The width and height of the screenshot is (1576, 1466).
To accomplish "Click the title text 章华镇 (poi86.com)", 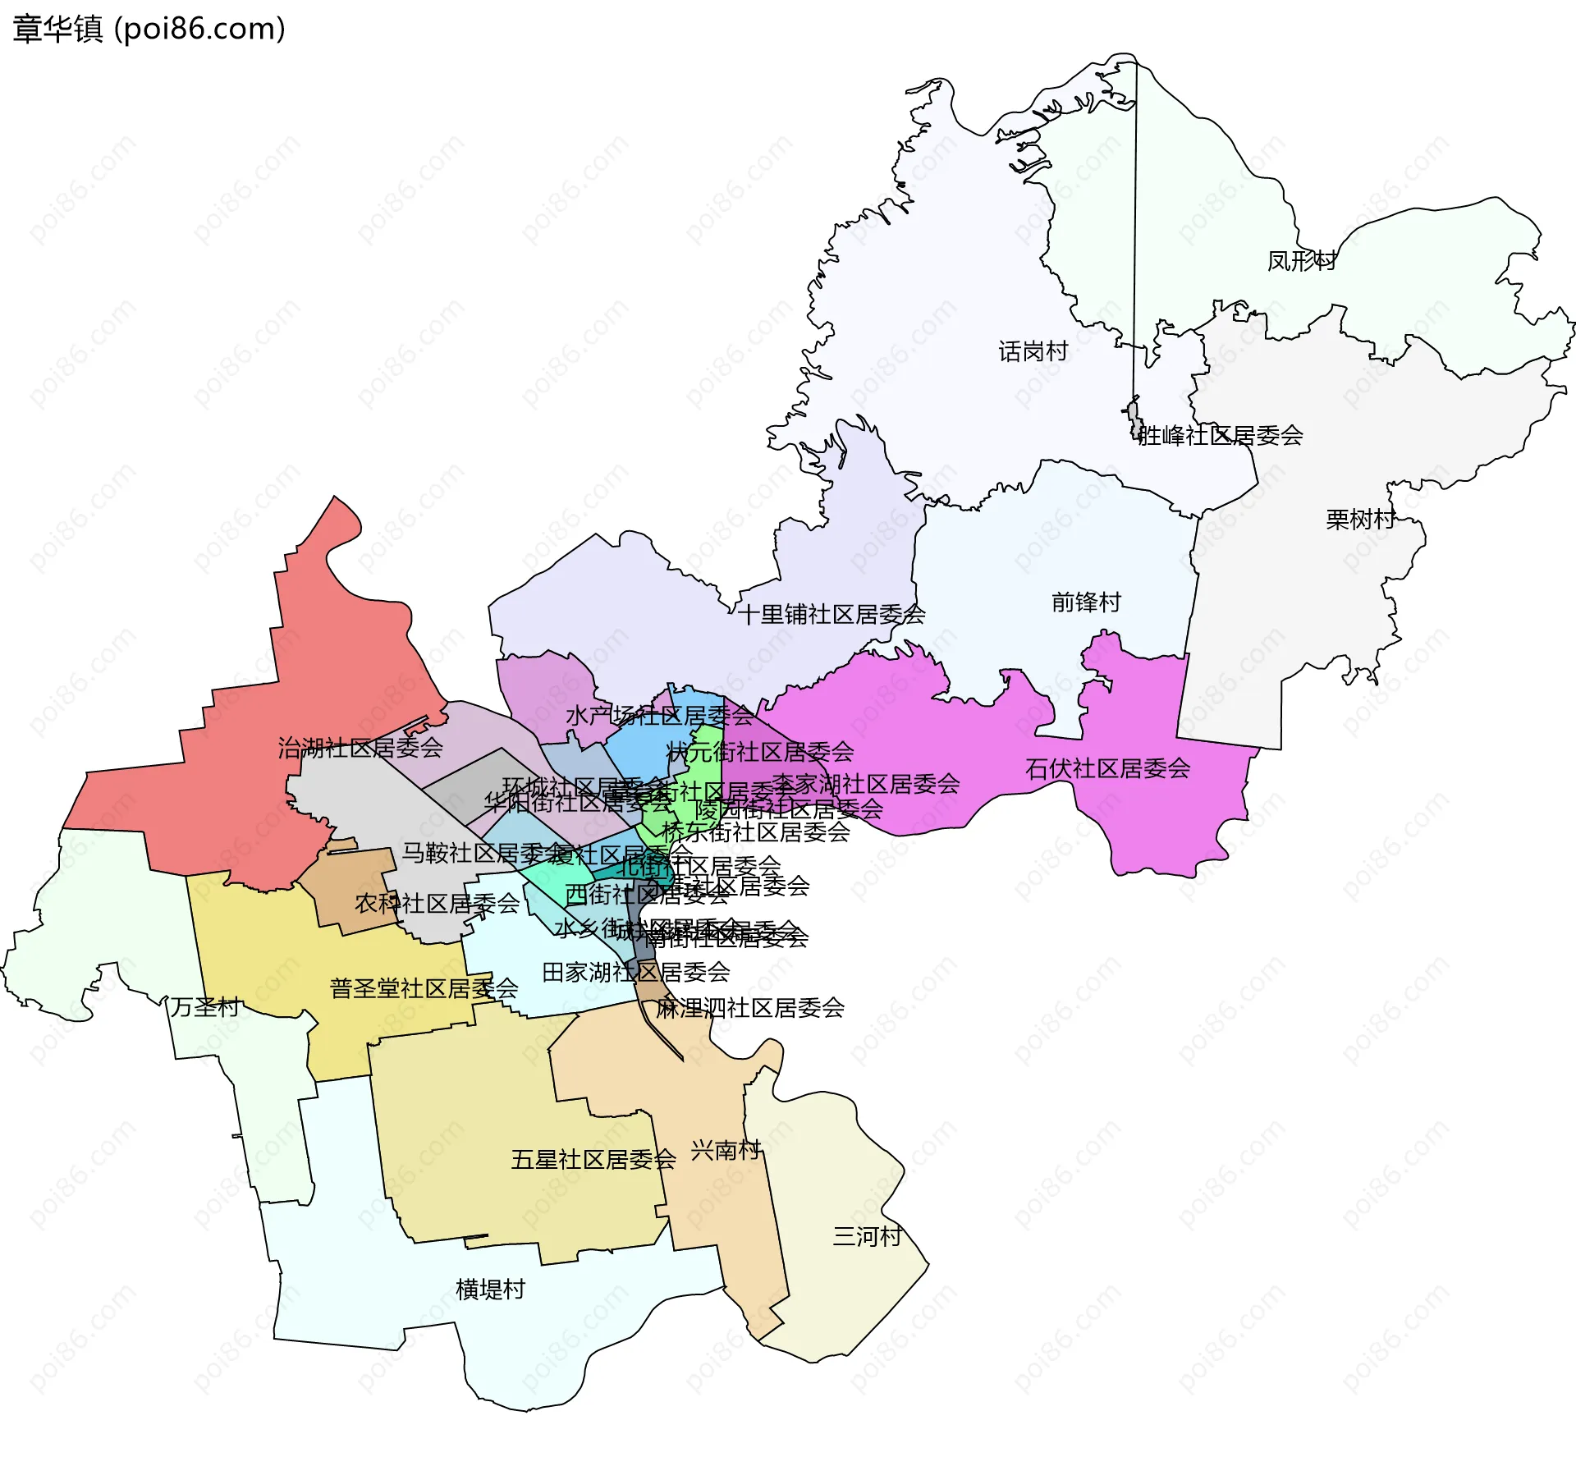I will tap(149, 30).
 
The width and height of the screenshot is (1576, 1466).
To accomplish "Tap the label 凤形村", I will tap(1302, 261).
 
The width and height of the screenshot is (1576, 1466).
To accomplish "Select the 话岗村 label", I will tap(1033, 351).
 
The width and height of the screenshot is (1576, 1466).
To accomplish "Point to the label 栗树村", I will tap(1360, 519).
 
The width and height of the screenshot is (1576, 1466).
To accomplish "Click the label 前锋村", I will tap(1086, 602).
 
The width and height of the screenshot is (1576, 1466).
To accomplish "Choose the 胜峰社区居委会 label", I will tap(1221, 435).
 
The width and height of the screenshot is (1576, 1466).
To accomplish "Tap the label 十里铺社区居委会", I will tap(831, 614).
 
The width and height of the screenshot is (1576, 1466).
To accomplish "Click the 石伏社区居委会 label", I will tap(1107, 768).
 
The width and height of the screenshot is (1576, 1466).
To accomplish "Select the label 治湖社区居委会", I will tap(360, 747).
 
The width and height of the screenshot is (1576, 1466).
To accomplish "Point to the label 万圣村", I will tap(204, 1006).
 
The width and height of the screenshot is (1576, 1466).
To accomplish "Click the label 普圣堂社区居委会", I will tap(424, 988).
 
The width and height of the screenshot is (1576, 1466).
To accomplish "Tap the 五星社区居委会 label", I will tap(593, 1159).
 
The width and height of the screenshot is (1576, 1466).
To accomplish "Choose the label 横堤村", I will tap(490, 1289).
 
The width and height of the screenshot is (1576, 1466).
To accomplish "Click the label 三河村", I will tap(867, 1236).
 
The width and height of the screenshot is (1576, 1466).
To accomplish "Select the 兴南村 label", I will tap(726, 1150).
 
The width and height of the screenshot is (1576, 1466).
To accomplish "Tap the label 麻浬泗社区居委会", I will tap(749, 1008).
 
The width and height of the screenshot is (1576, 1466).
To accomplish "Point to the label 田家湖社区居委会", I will tap(635, 973).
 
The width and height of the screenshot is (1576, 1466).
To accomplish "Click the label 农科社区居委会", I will tap(437, 904).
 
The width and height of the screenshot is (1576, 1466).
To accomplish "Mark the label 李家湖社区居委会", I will tap(866, 783).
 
